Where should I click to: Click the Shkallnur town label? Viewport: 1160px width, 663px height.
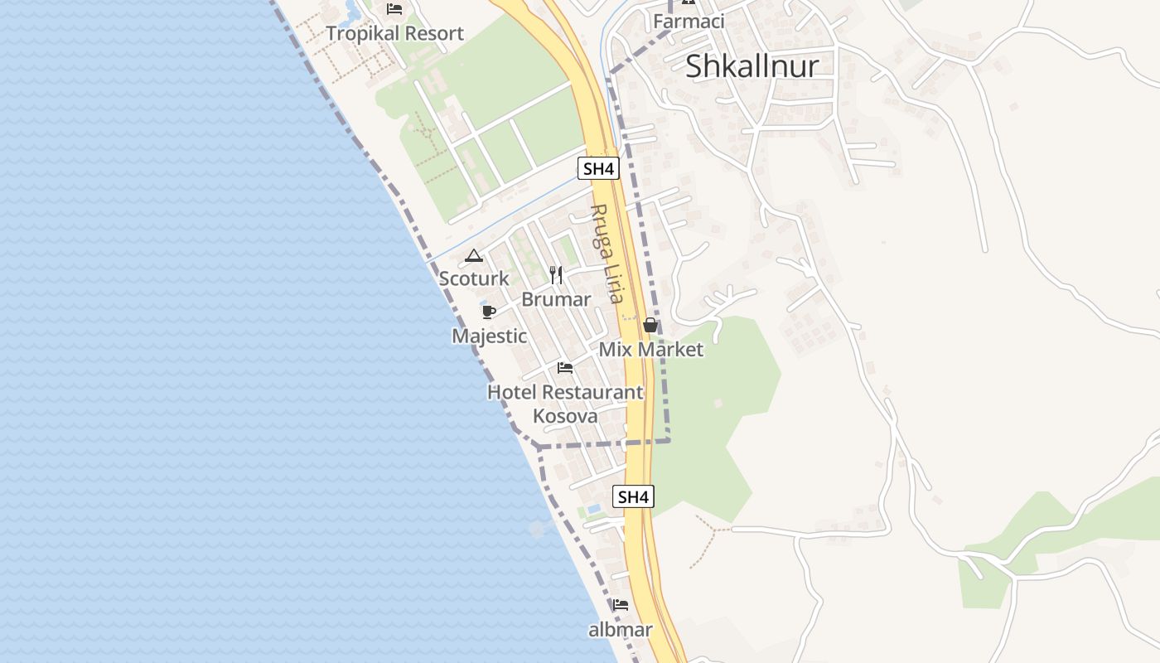[752, 67]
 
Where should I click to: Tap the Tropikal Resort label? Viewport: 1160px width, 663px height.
[394, 34]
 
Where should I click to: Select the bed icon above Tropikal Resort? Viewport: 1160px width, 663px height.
[394, 9]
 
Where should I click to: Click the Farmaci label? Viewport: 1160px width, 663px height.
[689, 22]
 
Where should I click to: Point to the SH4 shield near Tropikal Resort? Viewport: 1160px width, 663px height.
[598, 169]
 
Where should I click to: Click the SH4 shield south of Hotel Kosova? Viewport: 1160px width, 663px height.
[633, 497]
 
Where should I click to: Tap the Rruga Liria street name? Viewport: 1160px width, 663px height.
[607, 253]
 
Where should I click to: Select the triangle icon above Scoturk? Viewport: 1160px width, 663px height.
[473, 256]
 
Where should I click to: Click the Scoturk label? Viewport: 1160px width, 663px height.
[474, 278]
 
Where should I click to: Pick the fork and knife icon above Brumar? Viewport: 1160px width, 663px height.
[556, 274]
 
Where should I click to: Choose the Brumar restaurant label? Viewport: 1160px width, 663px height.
[556, 299]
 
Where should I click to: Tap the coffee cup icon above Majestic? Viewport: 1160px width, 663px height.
[488, 312]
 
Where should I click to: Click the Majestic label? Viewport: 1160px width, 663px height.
[489, 336]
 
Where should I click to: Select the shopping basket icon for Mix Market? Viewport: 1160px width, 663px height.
[650, 326]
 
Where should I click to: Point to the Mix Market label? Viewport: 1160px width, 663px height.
[650, 350]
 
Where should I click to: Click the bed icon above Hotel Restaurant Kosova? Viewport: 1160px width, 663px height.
[565, 367]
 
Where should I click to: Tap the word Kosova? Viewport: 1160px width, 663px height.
[565, 416]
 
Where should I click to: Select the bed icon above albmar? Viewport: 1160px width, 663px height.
[621, 605]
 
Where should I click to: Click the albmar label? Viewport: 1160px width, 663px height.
[621, 630]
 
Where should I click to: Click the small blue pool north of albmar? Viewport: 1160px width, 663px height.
[593, 508]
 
